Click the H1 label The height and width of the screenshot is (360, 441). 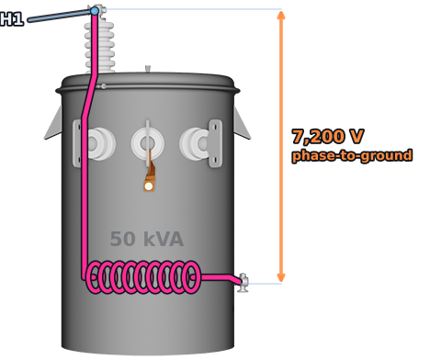12,18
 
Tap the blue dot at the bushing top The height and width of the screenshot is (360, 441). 95,11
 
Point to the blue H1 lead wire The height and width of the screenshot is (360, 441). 60,16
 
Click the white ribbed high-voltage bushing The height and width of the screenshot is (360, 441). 100,46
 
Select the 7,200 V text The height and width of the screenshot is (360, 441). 328,136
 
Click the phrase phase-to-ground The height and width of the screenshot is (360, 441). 352,155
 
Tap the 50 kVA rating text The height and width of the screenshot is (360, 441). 147,239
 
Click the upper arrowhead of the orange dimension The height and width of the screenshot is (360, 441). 281,15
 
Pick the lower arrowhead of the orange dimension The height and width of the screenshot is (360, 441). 281,277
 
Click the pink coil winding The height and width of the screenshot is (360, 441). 143,277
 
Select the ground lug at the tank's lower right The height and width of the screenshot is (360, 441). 243,283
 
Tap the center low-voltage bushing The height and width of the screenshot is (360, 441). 148,143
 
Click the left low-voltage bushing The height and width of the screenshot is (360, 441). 100,143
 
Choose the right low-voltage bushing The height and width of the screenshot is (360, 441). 195,143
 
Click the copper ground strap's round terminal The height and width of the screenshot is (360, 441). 149,186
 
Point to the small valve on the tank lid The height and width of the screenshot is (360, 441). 148,69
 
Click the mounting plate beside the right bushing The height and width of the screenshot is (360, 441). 215,143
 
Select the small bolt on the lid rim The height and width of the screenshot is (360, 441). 103,86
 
